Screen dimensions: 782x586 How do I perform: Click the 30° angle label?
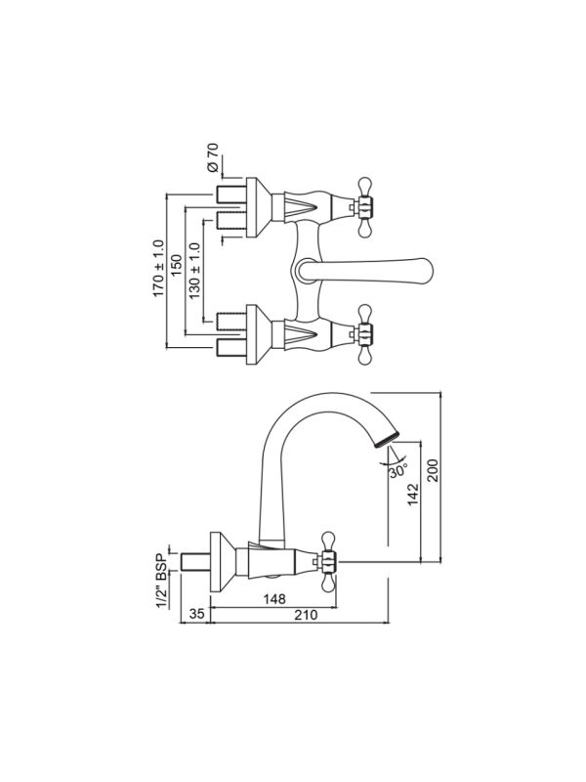(397, 470)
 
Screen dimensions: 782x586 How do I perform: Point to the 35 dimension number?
(196, 616)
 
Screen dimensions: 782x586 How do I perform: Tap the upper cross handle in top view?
(365, 206)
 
